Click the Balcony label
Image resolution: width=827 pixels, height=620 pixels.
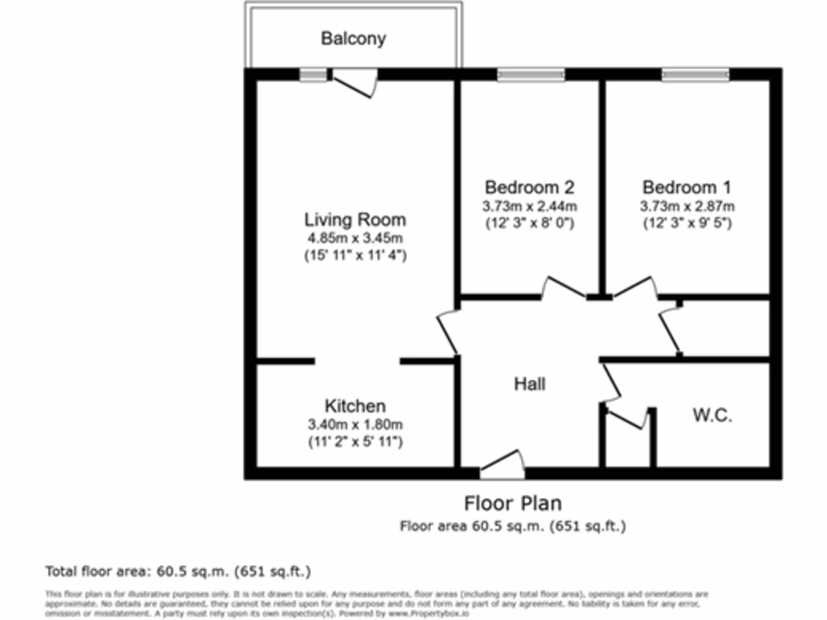(x=353, y=38)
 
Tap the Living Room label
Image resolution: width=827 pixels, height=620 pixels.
(x=355, y=220)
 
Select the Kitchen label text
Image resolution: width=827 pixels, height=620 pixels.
(x=355, y=406)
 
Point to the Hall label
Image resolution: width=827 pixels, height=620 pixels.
(x=530, y=383)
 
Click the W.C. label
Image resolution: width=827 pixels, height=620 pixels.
(x=712, y=416)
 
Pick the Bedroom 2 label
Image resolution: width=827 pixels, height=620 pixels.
(x=529, y=187)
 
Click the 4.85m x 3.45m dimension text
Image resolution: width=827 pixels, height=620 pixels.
(x=355, y=238)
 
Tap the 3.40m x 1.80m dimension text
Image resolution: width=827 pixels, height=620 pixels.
(x=355, y=425)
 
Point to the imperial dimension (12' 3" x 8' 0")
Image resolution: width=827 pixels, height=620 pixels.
(x=529, y=223)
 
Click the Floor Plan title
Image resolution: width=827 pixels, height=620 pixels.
(x=513, y=504)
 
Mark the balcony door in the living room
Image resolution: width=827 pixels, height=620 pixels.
(x=355, y=82)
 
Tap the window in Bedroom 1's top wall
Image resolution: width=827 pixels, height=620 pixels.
(x=695, y=75)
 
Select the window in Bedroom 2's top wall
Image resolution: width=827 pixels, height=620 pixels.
(x=531, y=75)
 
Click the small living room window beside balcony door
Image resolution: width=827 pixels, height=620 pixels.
(x=313, y=75)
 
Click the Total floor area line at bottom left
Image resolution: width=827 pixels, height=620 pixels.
(x=178, y=572)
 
